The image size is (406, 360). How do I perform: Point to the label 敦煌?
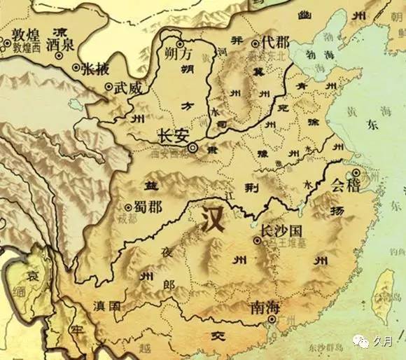coord(21,34)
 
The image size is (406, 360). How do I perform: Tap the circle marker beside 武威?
coord(108,87)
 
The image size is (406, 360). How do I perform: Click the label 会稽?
coord(348,186)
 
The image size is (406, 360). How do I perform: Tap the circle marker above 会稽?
coord(356,172)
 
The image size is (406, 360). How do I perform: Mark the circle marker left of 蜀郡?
coord(128,207)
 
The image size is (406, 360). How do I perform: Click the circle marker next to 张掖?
coord(76,67)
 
